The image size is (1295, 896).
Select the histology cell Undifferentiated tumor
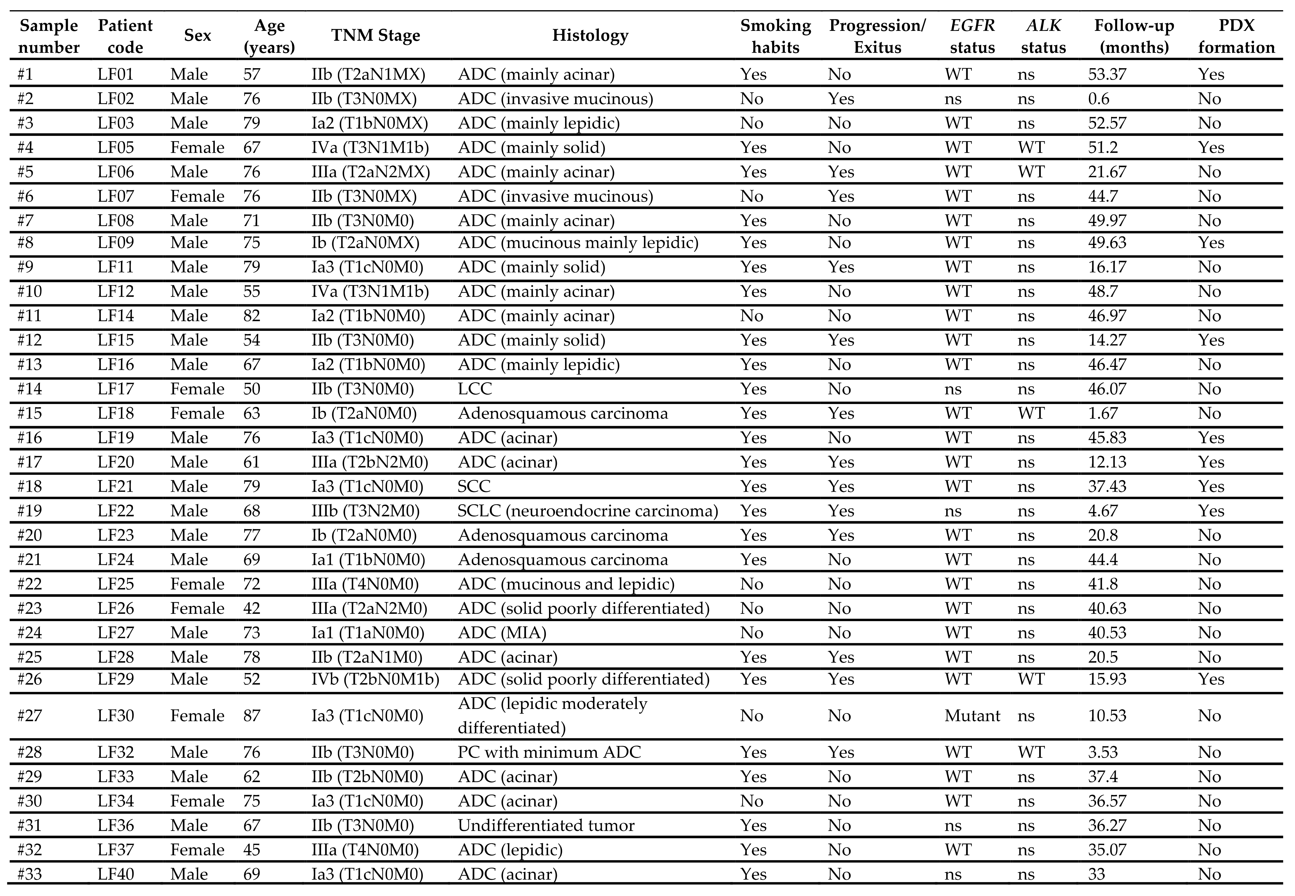click(546, 825)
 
